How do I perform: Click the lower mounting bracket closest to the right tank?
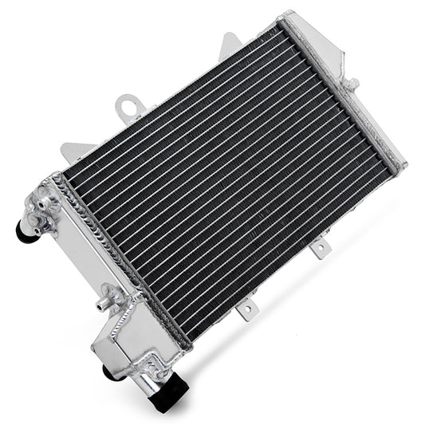pos(319,250)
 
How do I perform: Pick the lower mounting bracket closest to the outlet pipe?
pos(248,305)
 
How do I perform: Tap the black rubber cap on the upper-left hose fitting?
pos(24,229)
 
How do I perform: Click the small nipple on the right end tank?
pos(352,83)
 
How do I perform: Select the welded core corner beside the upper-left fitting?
pos(57,181)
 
